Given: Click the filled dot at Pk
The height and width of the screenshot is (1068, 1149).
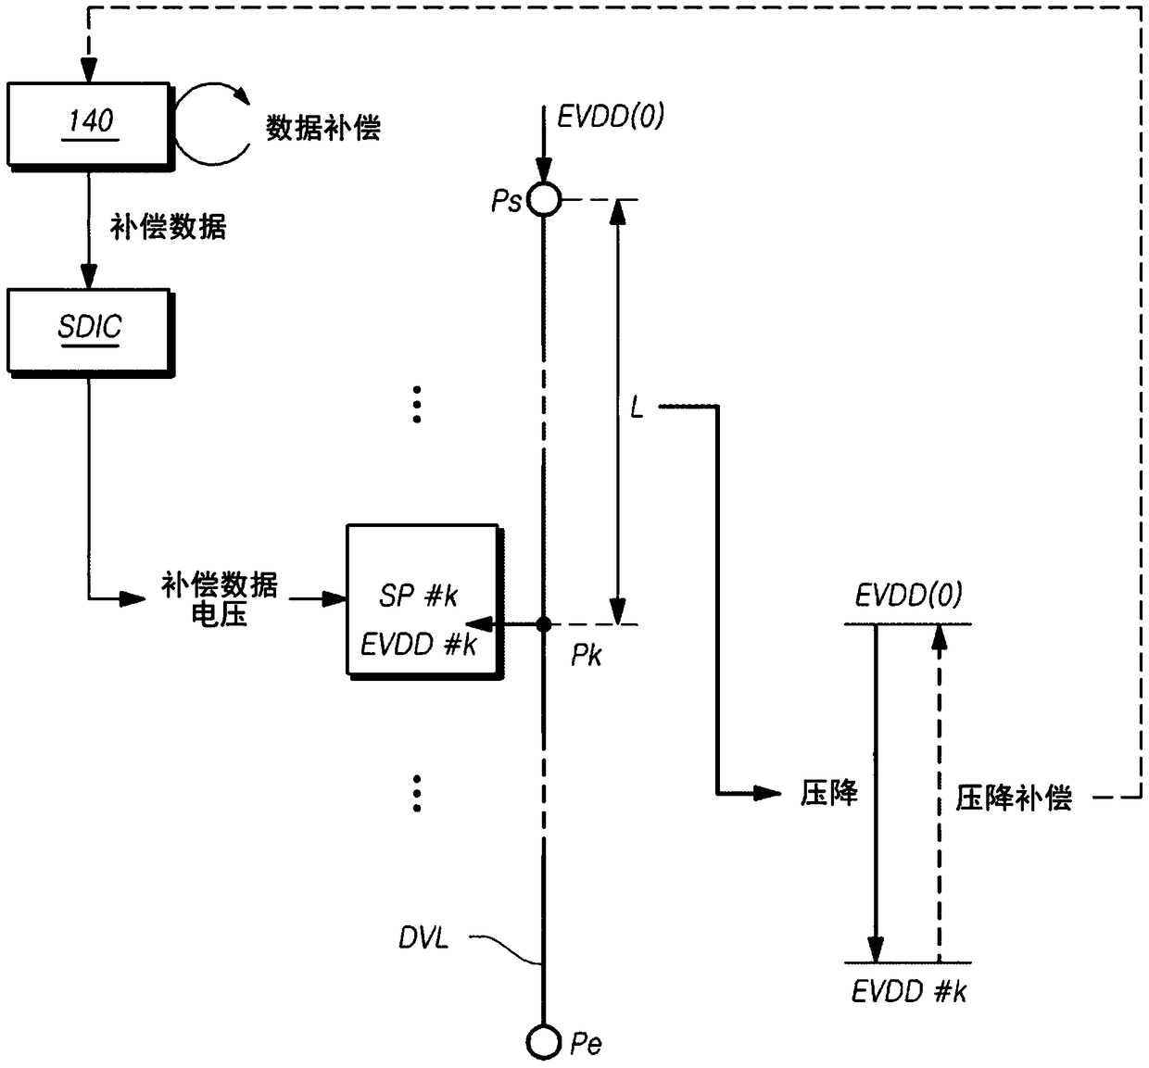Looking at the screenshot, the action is tap(543, 624).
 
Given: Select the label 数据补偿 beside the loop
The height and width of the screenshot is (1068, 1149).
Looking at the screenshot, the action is tap(322, 127).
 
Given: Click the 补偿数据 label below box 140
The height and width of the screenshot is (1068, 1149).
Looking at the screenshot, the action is tap(168, 226).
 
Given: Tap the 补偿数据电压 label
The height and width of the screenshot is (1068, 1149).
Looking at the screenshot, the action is tap(220, 599).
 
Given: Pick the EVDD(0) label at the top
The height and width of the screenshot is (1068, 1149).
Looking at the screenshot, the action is tap(611, 116).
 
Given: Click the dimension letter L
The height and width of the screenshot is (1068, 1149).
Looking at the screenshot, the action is tap(637, 408).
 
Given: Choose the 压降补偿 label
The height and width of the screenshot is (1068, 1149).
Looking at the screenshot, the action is tap(1014, 798).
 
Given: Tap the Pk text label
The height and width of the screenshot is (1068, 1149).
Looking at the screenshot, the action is tap(586, 656).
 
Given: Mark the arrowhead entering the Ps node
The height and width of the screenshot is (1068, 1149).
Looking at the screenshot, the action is tap(543, 170).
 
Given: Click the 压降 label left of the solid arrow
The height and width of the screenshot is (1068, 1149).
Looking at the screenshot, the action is tap(829, 794).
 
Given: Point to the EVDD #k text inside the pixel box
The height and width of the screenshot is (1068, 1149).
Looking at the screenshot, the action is tap(418, 645).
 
